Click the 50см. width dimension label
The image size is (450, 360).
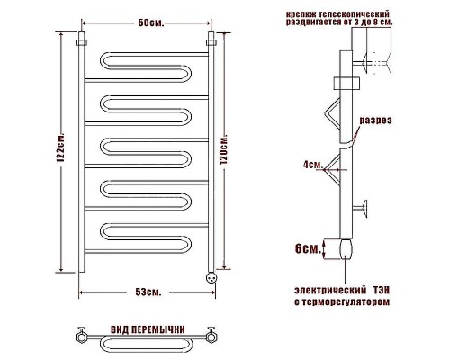[151, 23]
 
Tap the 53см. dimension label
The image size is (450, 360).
[148, 292]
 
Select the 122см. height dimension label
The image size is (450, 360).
[60, 148]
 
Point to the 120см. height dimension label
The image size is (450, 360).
[224, 150]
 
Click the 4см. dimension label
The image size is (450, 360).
[313, 165]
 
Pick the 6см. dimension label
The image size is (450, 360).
[308, 248]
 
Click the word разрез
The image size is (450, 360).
[375, 121]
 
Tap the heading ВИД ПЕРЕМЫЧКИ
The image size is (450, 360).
[148, 329]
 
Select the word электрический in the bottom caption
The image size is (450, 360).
[330, 291]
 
